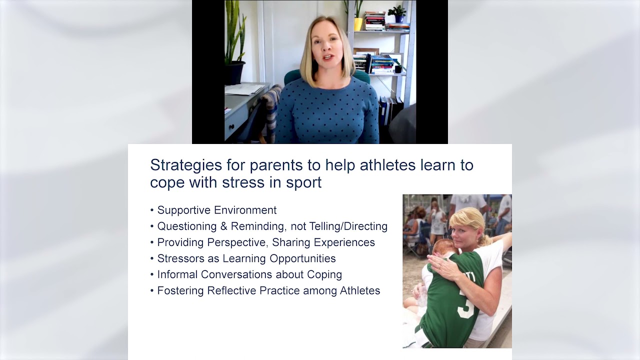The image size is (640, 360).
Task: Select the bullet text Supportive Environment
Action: [x=216, y=210]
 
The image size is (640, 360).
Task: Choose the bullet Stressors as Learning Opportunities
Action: [x=246, y=258]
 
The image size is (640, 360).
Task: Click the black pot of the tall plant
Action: [x=234, y=73]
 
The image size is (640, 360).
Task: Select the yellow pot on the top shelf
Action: [x=358, y=24]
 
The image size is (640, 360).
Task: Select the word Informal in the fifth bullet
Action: [x=179, y=274]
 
